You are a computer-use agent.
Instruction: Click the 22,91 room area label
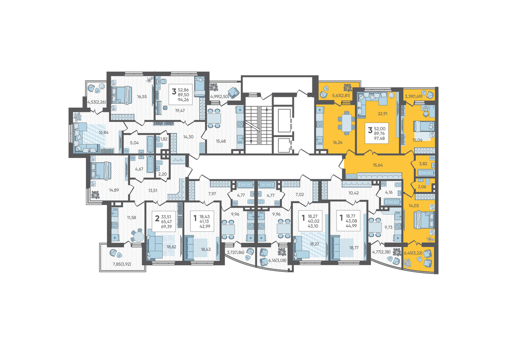tap(382, 114)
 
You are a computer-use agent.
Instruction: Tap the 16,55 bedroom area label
tap(142, 97)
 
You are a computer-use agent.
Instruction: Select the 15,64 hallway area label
tap(378, 165)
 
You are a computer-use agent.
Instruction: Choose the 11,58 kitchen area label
tap(132, 217)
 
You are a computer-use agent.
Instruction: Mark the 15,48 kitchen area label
tap(221, 141)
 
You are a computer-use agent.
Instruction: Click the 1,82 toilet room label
tap(164, 139)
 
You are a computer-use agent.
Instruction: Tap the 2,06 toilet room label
tap(422, 187)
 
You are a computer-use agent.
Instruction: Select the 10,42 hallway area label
tap(354, 193)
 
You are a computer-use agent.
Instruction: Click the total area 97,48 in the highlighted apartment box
tap(379, 138)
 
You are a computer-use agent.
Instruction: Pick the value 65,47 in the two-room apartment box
tap(166, 222)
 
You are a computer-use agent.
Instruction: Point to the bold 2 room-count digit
tap(157, 219)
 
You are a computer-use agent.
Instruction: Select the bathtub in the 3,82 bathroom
tap(426, 173)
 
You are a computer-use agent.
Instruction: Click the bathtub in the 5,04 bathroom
tap(150, 144)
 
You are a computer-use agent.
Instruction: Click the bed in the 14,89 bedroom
tap(101, 171)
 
